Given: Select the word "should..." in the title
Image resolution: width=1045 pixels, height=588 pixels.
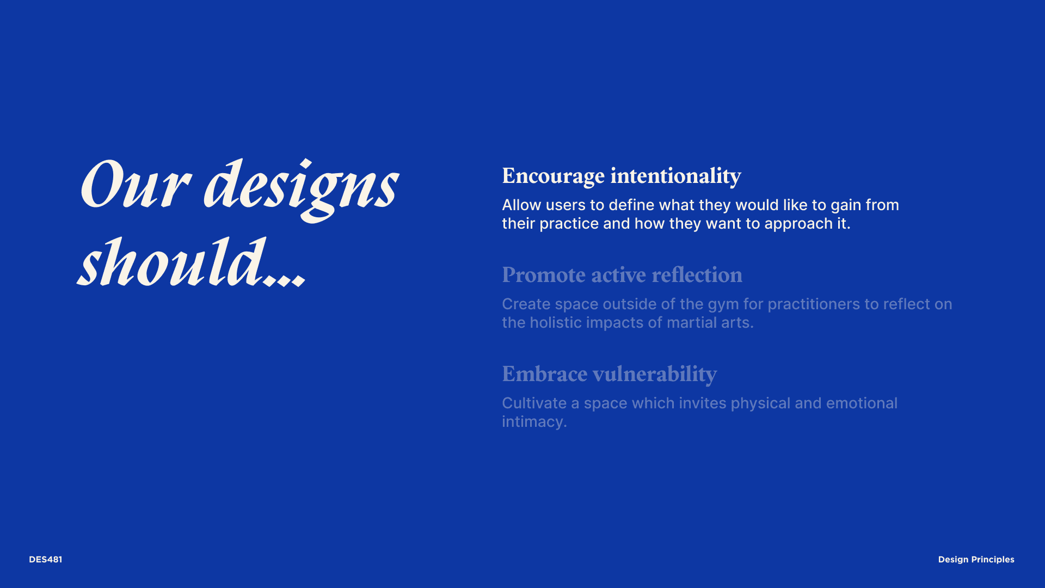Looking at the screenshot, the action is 191,262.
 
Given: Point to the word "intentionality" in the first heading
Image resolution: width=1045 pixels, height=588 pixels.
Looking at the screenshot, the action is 675,176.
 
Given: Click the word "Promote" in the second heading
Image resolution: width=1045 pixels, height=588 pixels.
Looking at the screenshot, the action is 544,275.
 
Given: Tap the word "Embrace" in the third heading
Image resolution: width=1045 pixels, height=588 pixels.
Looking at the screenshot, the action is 544,374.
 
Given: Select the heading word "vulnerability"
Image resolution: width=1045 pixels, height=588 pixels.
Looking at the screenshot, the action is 655,375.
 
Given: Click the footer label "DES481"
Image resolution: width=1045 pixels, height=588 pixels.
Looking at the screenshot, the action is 46,560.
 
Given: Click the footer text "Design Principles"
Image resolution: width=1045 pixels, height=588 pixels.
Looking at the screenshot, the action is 976,560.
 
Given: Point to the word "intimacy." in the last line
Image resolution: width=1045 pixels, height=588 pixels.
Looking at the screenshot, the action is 534,422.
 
